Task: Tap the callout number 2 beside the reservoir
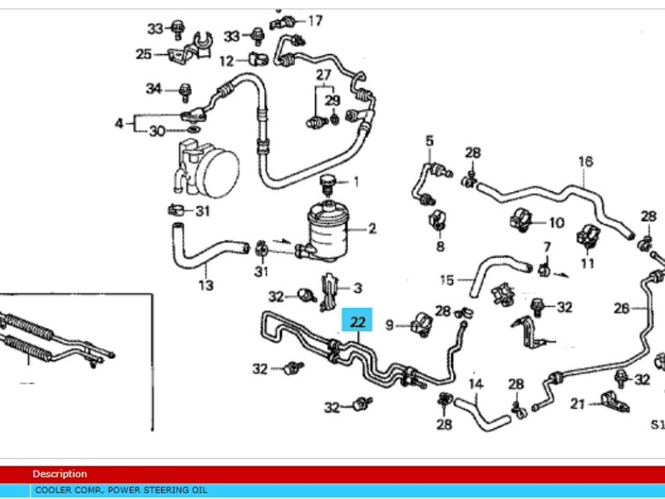372,228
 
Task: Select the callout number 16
586,161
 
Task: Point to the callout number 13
206,286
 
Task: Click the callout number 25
144,54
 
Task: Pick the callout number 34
154,88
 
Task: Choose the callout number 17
315,20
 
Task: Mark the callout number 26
622,309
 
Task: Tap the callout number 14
475,384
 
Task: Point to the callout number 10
556,222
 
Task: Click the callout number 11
588,264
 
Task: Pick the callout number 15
447,279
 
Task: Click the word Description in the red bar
59,474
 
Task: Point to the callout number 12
227,61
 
